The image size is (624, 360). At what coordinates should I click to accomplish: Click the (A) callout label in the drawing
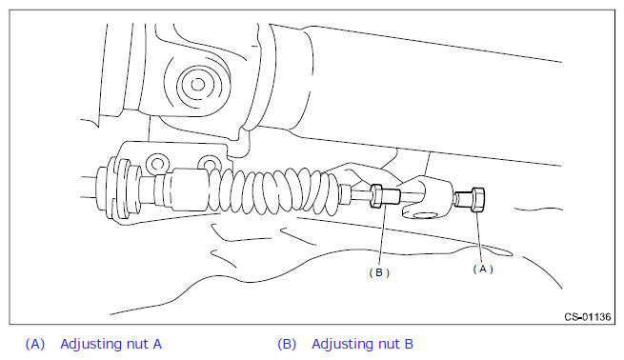pyautogui.click(x=483, y=270)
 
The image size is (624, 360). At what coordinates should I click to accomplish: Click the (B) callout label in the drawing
pyautogui.click(x=379, y=272)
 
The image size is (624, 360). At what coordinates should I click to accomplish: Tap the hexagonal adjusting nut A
pyautogui.click(x=477, y=200)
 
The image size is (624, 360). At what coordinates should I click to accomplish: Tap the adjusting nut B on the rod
pyautogui.click(x=376, y=195)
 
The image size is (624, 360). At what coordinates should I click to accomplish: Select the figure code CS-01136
pyautogui.click(x=588, y=316)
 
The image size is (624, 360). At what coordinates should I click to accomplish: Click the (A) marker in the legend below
pyautogui.click(x=35, y=344)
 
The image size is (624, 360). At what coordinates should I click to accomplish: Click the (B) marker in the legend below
pyautogui.click(x=287, y=344)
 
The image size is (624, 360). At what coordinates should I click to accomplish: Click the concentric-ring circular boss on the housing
pyautogui.click(x=197, y=85)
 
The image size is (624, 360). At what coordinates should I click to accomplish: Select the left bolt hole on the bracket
pyautogui.click(x=157, y=164)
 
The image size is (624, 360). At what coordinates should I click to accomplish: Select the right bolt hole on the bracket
pyautogui.click(x=208, y=164)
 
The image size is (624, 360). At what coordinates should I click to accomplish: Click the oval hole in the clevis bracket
pyautogui.click(x=426, y=215)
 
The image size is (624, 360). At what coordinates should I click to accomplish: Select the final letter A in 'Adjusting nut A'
pyautogui.click(x=157, y=344)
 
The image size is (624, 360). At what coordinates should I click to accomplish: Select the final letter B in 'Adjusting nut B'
pyautogui.click(x=409, y=344)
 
